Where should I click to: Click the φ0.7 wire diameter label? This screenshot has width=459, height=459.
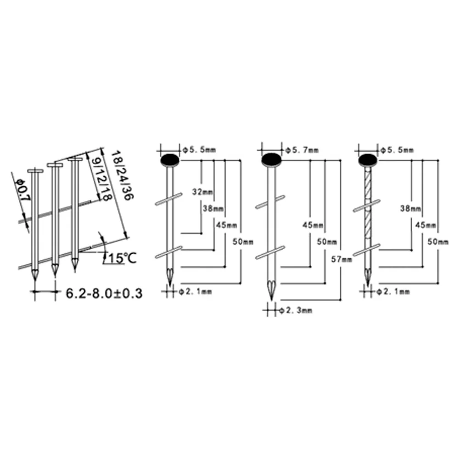coord(23,190)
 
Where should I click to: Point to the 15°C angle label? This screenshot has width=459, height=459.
coord(123,258)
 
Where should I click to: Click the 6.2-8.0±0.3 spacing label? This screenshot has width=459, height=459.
coord(104,293)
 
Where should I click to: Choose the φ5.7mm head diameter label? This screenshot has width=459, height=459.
coord(302,150)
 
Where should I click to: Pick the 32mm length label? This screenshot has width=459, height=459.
coord(202,192)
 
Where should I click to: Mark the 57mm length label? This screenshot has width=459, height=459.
coord(341,259)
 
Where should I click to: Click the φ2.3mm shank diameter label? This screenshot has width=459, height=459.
coord(296,310)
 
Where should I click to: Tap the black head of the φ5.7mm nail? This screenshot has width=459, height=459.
coord(271,160)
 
